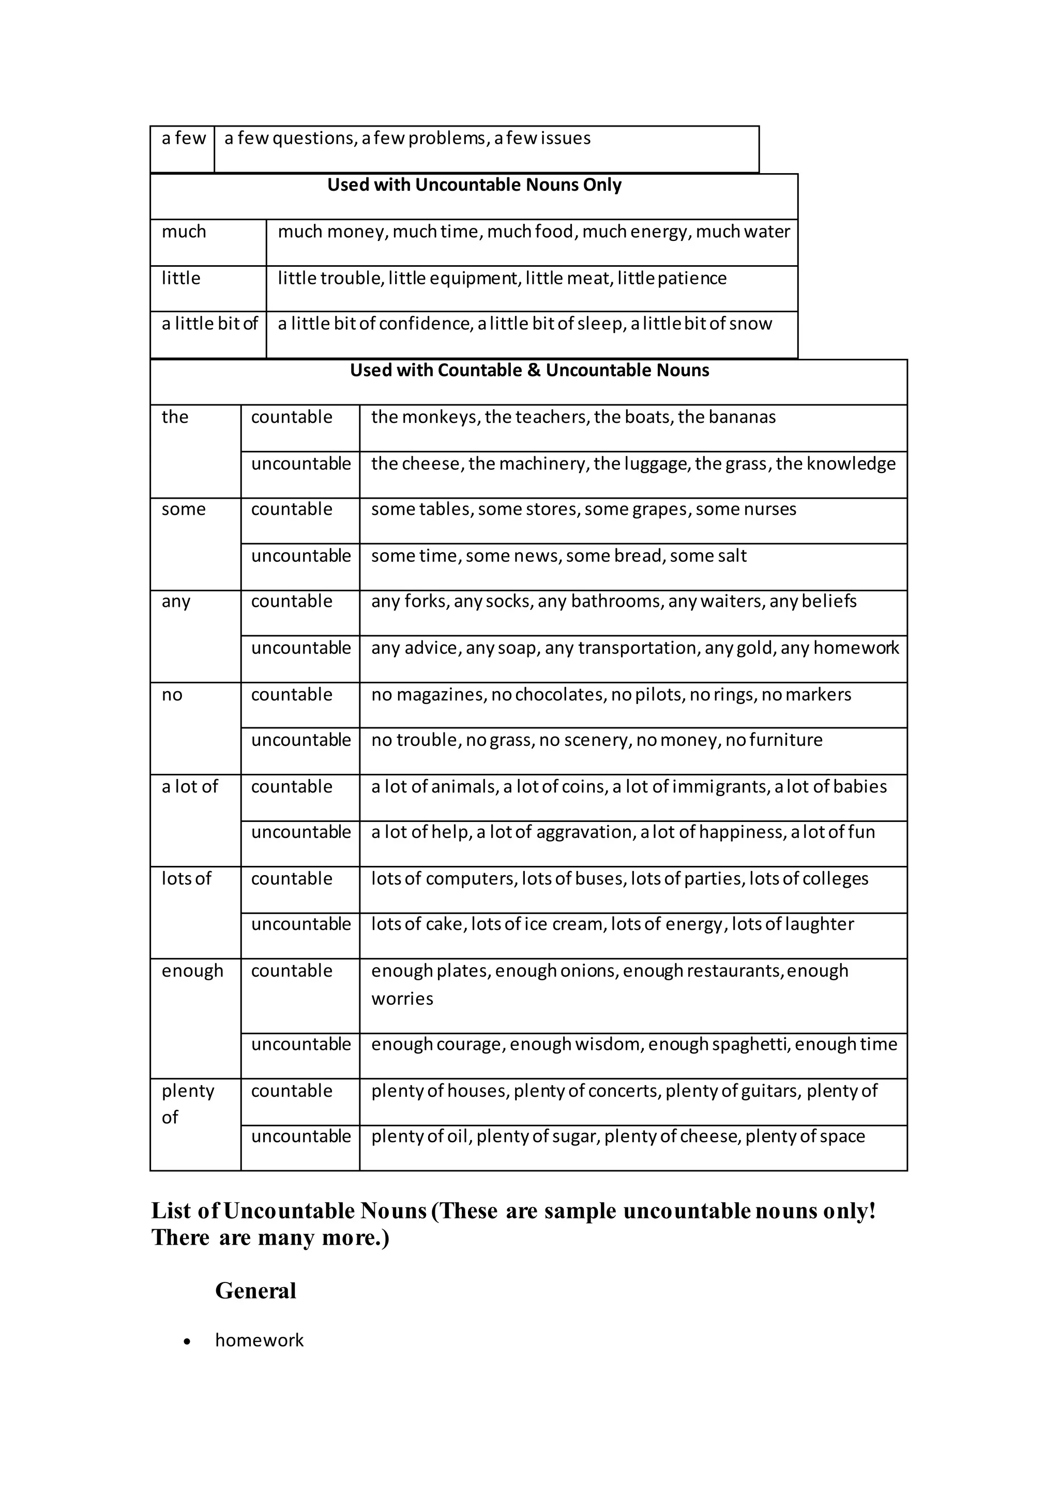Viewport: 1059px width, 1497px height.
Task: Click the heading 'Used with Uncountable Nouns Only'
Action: pyautogui.click(x=474, y=185)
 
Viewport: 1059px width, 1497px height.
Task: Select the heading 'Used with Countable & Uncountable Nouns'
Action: pyautogui.click(x=529, y=370)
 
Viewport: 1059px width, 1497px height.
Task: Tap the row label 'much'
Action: pyautogui.click(x=184, y=232)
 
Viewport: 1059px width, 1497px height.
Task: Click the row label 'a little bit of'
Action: pyautogui.click(x=209, y=324)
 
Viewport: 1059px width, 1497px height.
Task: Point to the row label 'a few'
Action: pyautogui.click(x=183, y=138)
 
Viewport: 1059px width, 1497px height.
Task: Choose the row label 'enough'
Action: pyautogui.click(x=192, y=971)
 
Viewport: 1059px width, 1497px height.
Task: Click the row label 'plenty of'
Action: pyautogui.click(x=188, y=1104)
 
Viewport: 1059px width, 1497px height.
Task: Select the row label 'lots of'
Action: pyautogui.click(x=187, y=879)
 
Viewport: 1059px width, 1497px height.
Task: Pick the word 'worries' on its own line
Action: pyautogui.click(x=402, y=999)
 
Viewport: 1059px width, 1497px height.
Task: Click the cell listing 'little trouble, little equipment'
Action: pyautogui.click(x=502, y=279)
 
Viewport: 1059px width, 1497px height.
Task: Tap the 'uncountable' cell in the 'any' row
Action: pyautogui.click(x=300, y=648)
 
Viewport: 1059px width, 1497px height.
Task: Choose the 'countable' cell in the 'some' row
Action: pyautogui.click(x=292, y=509)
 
